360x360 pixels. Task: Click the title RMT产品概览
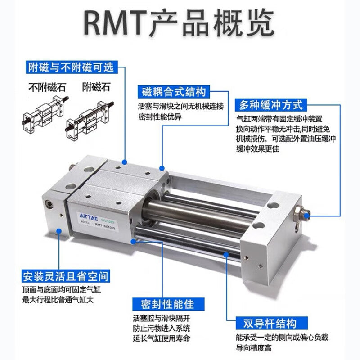pyautogui.click(x=180, y=21)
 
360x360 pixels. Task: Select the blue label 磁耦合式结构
pyautogui.click(x=174, y=91)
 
